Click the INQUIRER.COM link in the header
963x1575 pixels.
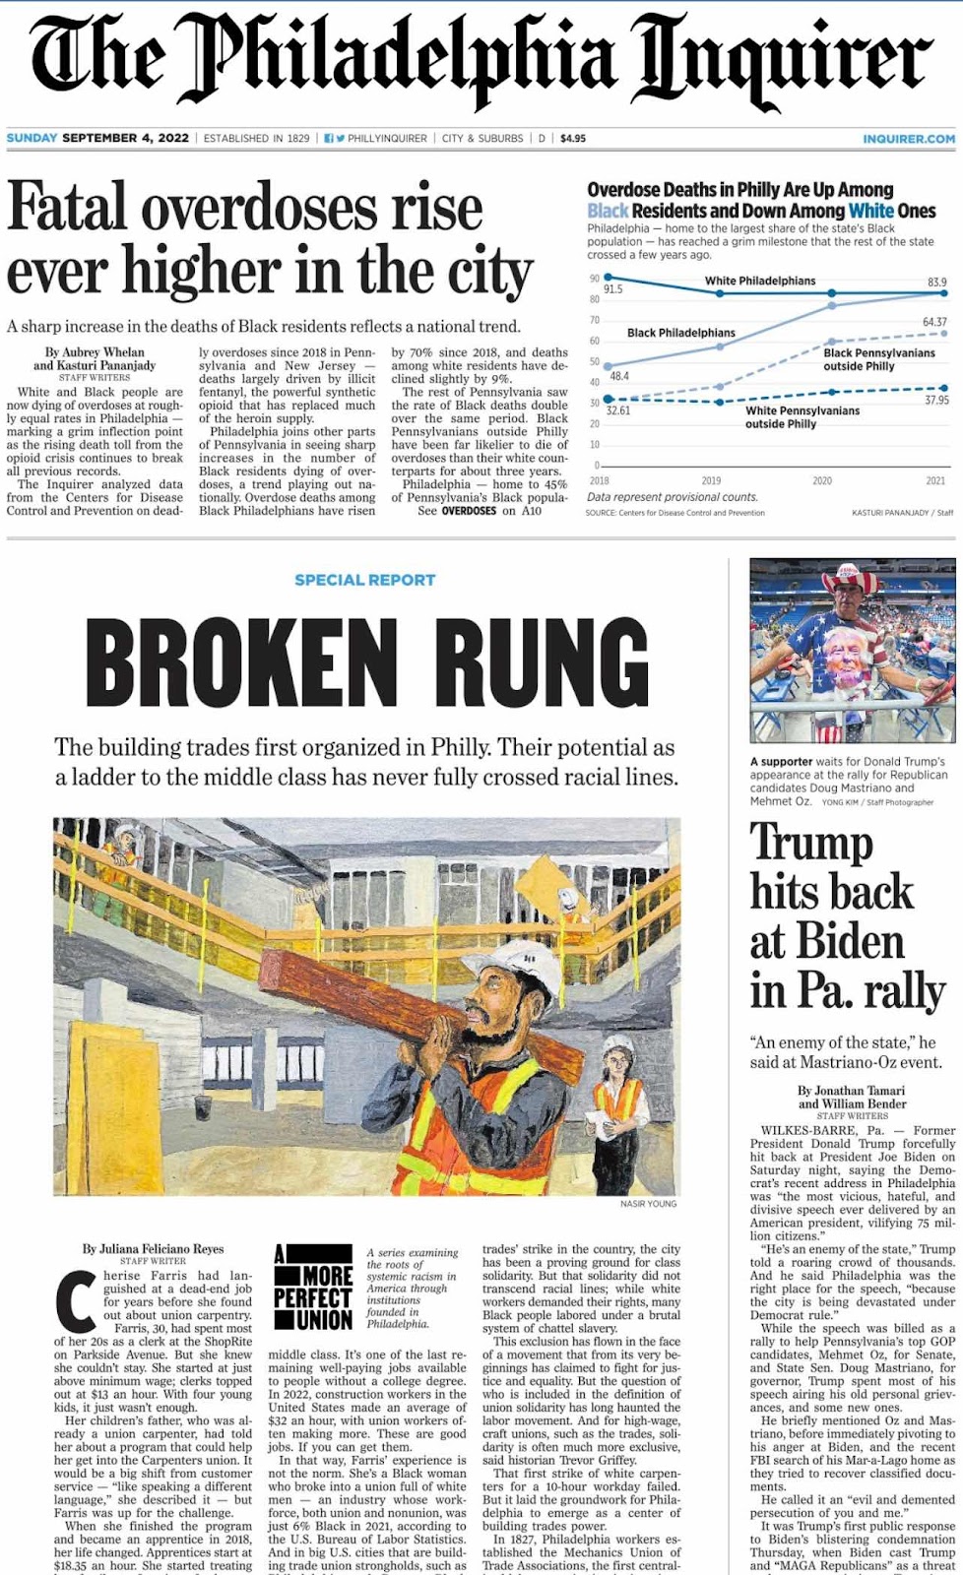(908, 139)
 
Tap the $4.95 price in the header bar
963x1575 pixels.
(573, 139)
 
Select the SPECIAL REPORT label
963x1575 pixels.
(364, 580)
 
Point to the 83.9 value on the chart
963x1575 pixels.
(936, 283)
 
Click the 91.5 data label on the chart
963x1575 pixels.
(612, 289)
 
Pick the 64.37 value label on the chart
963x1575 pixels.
(934, 322)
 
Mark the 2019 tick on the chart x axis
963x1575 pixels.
(711, 480)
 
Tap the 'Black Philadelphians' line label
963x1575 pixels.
(681, 333)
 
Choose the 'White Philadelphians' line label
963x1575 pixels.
(759, 281)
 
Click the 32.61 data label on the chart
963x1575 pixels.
(617, 410)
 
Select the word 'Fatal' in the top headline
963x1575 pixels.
(67, 208)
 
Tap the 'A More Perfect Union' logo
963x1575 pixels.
(312, 1288)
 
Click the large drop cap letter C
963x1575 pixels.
(75, 1301)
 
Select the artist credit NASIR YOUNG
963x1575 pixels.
(648, 1204)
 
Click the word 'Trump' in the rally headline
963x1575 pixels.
(811, 843)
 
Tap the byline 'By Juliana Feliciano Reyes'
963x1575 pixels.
(153, 1249)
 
